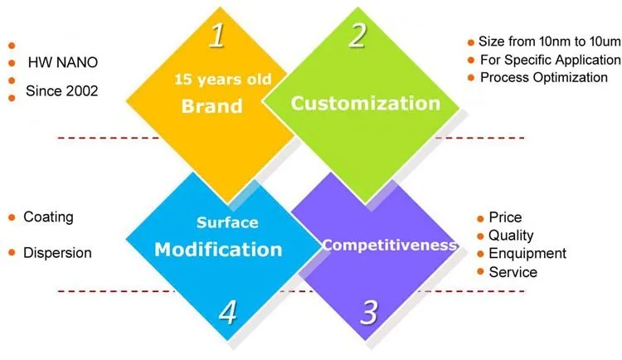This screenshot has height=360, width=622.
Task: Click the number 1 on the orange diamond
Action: [x=217, y=36]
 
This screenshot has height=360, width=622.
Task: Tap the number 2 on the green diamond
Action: [x=357, y=36]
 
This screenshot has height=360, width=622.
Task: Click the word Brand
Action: [x=211, y=106]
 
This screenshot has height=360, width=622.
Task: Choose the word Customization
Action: [x=365, y=104]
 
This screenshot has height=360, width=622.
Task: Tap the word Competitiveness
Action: [x=390, y=245]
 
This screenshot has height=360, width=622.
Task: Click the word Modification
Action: [x=218, y=249]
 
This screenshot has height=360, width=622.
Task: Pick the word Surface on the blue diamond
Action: [x=227, y=222]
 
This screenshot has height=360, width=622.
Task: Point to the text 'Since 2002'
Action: [x=62, y=90]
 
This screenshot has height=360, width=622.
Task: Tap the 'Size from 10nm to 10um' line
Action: [x=549, y=41]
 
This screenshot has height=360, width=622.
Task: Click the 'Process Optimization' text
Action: [x=544, y=77]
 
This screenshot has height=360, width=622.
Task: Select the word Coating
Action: [x=48, y=216]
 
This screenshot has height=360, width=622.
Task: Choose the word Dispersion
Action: [x=57, y=252]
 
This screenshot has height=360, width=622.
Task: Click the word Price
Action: [x=505, y=217]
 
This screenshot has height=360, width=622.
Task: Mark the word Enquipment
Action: [x=527, y=253]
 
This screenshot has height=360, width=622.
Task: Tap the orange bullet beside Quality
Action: [x=480, y=236]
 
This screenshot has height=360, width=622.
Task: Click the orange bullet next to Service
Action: [x=480, y=272]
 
